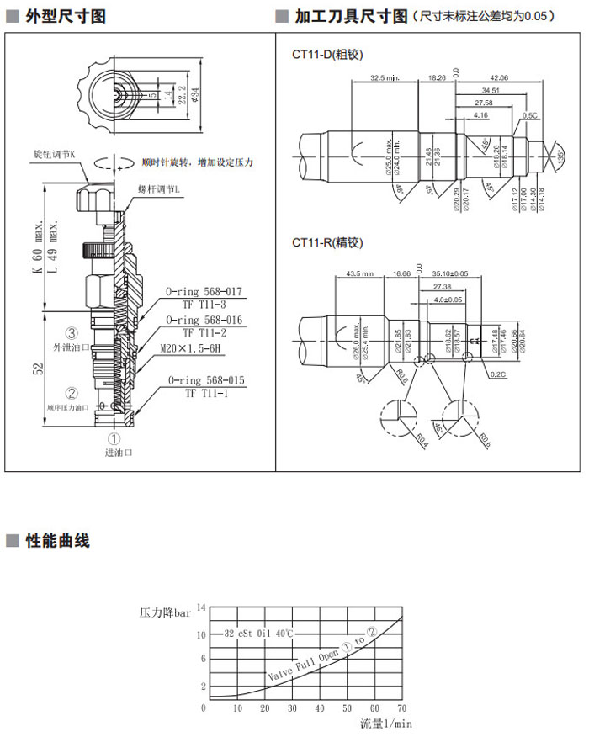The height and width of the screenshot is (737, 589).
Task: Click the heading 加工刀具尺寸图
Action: pos(351,16)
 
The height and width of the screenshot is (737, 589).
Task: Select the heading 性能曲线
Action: pos(57,541)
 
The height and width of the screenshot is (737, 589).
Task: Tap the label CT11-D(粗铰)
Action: pos(326,55)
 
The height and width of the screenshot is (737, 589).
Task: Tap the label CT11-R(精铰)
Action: pos(326,243)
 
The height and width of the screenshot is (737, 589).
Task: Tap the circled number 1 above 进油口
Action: pos(117,437)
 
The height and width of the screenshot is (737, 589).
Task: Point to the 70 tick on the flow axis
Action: pos(401,709)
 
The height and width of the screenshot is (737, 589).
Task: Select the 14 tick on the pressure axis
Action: pos(201,607)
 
